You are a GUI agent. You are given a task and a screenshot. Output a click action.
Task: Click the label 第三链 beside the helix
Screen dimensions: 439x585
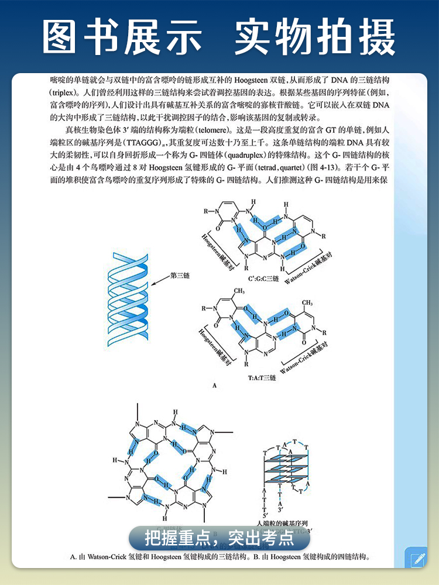point(181,274)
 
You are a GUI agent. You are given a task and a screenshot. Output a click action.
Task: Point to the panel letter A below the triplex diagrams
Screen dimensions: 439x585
point(215,386)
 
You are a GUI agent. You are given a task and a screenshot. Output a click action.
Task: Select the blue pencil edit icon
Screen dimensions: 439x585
point(417,558)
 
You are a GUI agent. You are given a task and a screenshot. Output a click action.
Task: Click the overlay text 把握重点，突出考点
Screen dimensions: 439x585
point(220,537)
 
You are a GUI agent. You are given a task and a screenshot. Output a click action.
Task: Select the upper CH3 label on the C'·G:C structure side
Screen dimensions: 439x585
point(238,290)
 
